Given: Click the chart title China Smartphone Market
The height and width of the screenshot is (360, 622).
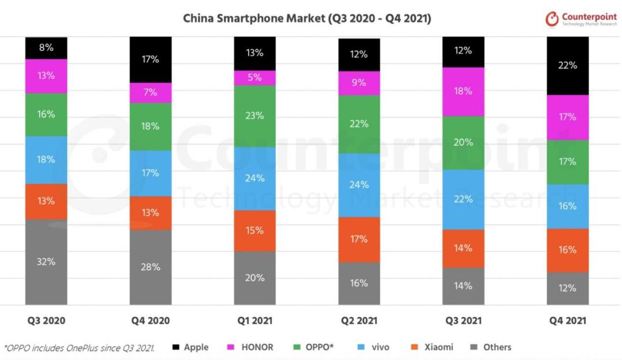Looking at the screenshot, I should [307, 18].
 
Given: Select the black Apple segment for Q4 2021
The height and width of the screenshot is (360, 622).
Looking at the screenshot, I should [567, 66].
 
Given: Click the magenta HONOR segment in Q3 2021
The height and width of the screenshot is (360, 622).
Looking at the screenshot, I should [463, 91].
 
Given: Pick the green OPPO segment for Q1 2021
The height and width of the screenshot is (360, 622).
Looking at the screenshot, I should [255, 116].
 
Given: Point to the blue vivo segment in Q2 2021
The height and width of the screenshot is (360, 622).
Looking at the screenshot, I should [359, 185].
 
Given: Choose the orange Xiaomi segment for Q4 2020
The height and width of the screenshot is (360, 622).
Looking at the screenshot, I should [150, 213].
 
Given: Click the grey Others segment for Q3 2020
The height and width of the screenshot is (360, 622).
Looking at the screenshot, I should [46, 262].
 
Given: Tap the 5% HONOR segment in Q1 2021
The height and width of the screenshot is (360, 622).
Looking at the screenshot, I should [255, 77].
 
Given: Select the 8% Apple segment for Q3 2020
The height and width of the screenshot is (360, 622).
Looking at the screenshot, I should [46, 48].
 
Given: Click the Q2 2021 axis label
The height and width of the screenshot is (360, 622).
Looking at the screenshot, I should [359, 321].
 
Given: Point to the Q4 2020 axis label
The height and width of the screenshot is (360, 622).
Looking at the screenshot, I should [150, 321].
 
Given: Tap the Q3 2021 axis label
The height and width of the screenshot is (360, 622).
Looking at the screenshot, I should [463, 321].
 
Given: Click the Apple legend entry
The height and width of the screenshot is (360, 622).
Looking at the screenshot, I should [191, 347].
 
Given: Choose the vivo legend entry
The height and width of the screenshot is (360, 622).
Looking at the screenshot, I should [374, 347].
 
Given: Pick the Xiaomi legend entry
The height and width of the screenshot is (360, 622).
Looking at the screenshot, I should [433, 347].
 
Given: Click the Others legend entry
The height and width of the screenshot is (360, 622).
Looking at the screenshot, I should [491, 347].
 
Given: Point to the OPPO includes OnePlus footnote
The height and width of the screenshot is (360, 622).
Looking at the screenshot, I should [79, 347].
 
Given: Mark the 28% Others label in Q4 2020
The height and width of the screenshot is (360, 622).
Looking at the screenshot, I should [150, 267].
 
